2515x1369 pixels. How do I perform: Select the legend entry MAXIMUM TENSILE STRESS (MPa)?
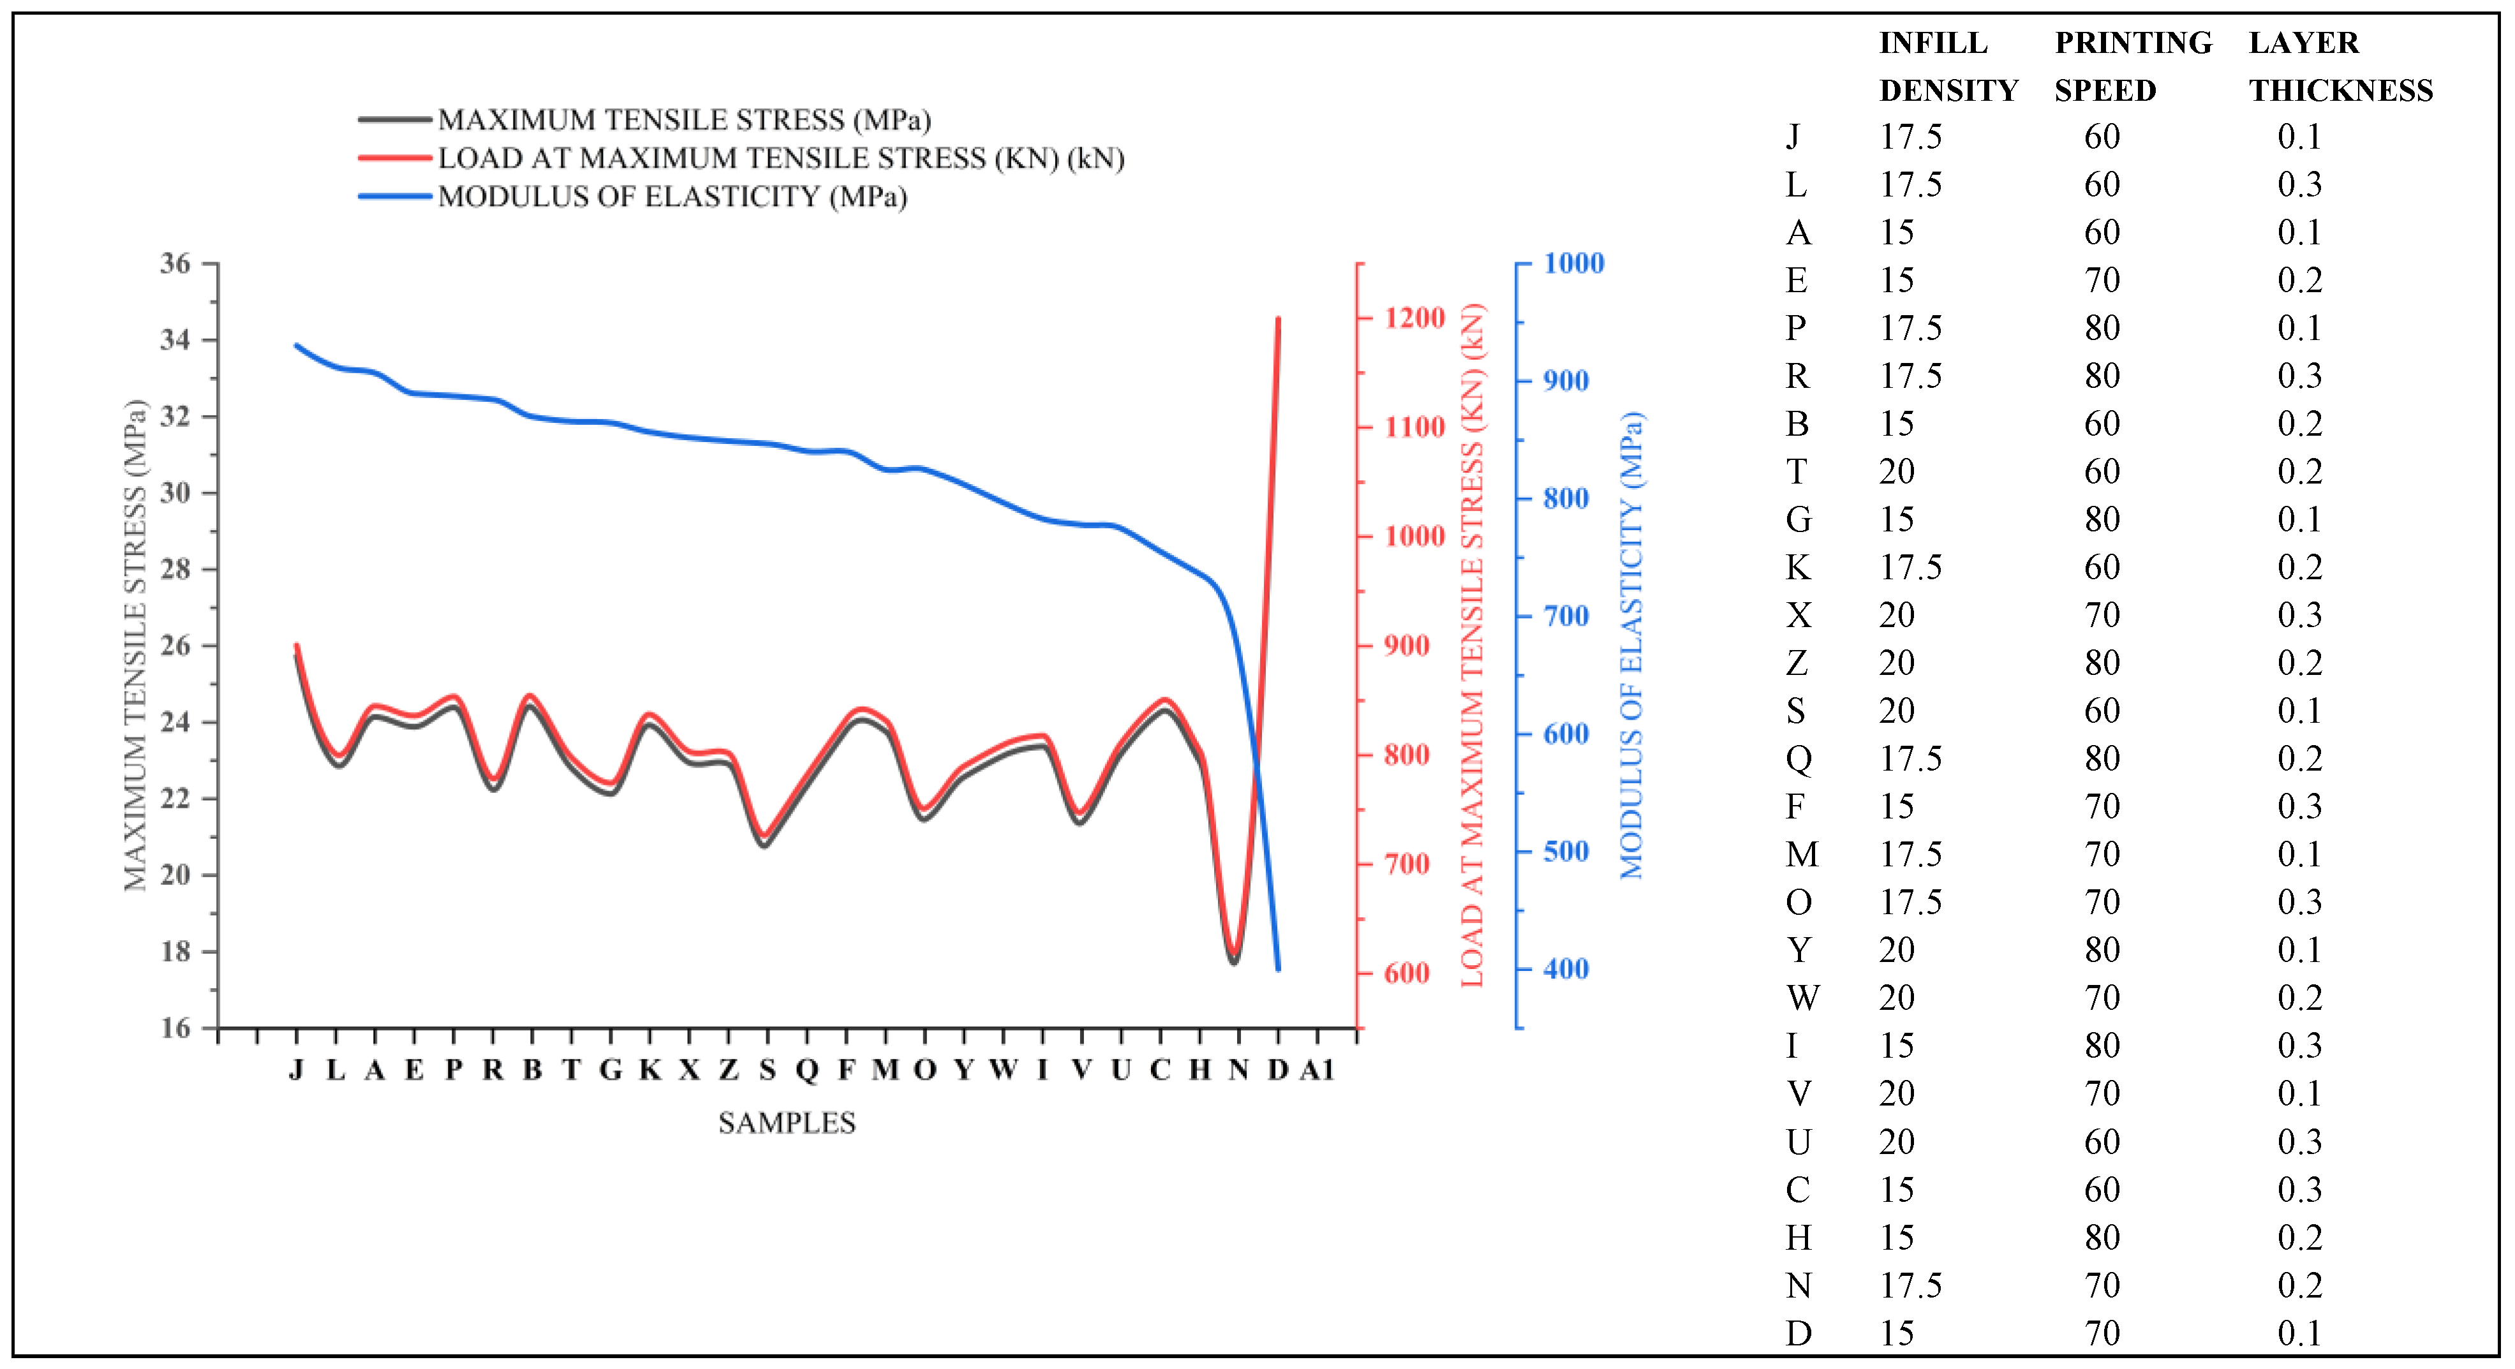683,120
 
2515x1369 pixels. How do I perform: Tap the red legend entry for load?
780,158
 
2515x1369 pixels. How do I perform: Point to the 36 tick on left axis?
175,263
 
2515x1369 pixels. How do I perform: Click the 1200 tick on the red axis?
1414,318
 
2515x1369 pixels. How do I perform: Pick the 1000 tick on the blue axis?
1573,263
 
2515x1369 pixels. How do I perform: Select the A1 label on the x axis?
1317,1070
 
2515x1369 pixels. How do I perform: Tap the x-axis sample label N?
1238,1070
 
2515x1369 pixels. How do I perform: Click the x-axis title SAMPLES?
787,1123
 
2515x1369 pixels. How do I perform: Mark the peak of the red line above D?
1278,320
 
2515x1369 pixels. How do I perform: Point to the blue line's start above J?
297,346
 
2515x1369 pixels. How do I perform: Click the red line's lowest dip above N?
1235,952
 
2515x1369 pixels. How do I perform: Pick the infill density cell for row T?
1897,471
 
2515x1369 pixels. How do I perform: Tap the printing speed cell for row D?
2102,1333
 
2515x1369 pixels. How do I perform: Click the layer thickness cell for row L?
2299,184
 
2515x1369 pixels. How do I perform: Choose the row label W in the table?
1802,998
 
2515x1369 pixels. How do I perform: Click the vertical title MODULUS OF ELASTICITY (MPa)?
1631,644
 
